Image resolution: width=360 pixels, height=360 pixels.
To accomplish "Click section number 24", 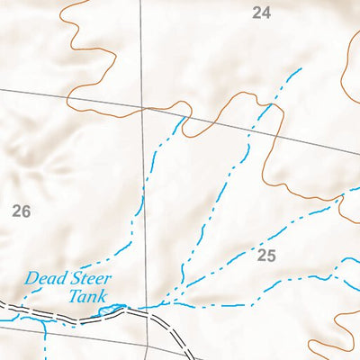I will (x=261, y=13).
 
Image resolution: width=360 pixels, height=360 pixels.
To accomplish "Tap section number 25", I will (x=265, y=256).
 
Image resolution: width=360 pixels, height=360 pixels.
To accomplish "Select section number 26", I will (x=22, y=211).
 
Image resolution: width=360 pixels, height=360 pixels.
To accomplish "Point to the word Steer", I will (x=87, y=279).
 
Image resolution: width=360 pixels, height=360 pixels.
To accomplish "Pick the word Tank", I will (x=87, y=296).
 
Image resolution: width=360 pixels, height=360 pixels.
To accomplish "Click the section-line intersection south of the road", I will (x=148, y=342).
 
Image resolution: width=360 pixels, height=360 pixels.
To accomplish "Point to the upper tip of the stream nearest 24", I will (x=301, y=67).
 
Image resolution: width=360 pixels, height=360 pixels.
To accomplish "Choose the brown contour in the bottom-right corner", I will (x=333, y=346).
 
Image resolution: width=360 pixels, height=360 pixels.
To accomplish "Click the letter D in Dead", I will (x=30, y=279).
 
